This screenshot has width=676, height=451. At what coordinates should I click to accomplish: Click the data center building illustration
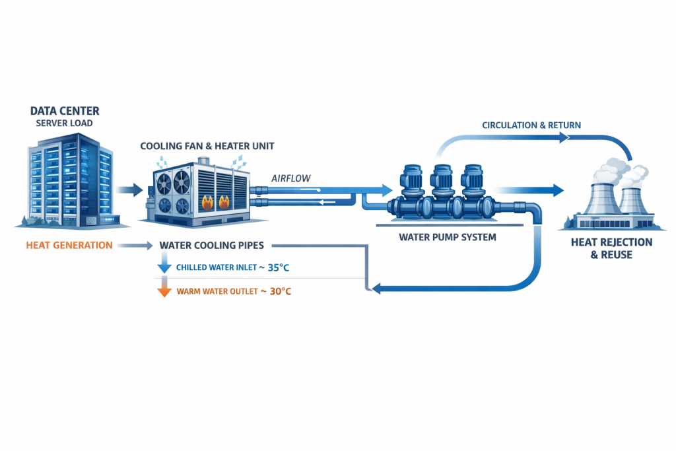[69, 178]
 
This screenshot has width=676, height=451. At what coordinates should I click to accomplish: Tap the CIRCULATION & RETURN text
[531, 125]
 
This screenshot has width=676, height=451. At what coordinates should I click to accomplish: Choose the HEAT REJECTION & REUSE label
[611, 248]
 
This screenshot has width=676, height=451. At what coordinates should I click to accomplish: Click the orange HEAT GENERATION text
[69, 246]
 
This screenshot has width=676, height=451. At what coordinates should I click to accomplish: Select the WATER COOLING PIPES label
[211, 246]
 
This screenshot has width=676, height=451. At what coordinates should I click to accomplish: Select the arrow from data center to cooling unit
[131, 190]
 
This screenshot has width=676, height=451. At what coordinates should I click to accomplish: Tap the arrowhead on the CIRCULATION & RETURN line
[563, 138]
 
